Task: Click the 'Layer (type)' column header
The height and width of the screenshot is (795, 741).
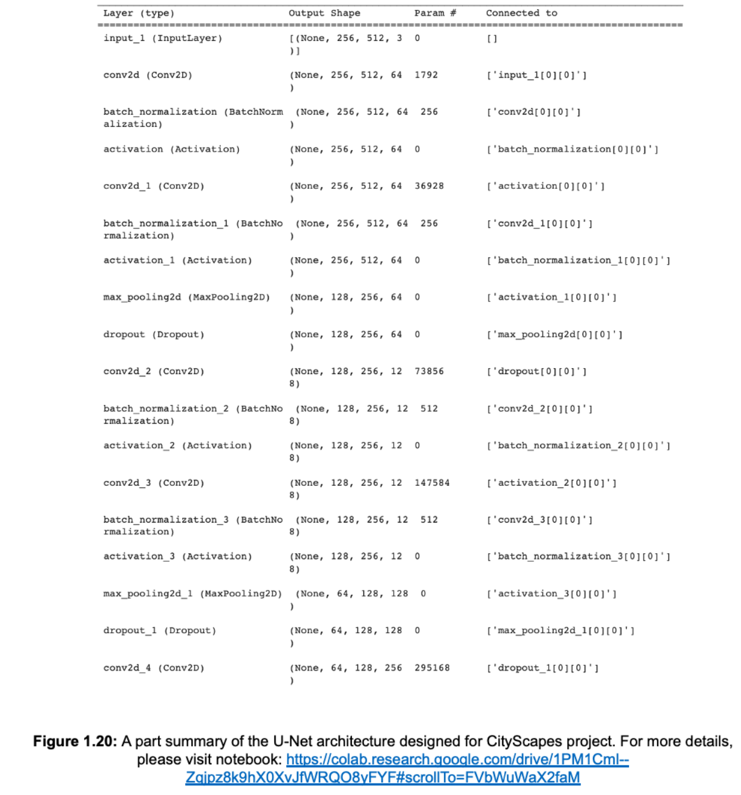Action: point(138,13)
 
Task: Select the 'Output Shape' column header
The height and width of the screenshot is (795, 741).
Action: point(324,13)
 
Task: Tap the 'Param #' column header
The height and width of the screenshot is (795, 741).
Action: point(435,13)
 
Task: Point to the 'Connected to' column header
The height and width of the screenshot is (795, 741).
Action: point(521,13)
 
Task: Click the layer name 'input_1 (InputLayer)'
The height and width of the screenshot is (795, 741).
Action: point(162,38)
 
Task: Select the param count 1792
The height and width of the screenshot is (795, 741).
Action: point(426,75)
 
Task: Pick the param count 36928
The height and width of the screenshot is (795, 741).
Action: point(429,186)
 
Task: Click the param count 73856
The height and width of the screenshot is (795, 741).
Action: point(429,372)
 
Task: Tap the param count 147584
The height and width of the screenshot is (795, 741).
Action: point(432,483)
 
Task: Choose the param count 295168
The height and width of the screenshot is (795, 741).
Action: point(432,668)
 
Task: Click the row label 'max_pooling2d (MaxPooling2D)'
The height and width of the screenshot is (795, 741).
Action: point(186,298)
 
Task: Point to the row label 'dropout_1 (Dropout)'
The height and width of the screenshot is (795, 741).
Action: point(159,631)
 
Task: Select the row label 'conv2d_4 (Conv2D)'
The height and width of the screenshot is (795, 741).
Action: point(153,668)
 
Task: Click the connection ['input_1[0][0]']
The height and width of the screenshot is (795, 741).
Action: point(537,75)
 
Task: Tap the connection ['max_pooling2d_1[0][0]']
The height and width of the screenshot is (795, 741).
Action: point(561,631)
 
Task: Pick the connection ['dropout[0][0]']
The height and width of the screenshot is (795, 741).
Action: point(537,372)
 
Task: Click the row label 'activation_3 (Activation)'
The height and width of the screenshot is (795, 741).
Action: point(177,557)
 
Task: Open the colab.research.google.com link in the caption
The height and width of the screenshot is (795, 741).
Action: point(457,760)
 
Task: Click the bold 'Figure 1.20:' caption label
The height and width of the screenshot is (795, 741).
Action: point(75,741)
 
